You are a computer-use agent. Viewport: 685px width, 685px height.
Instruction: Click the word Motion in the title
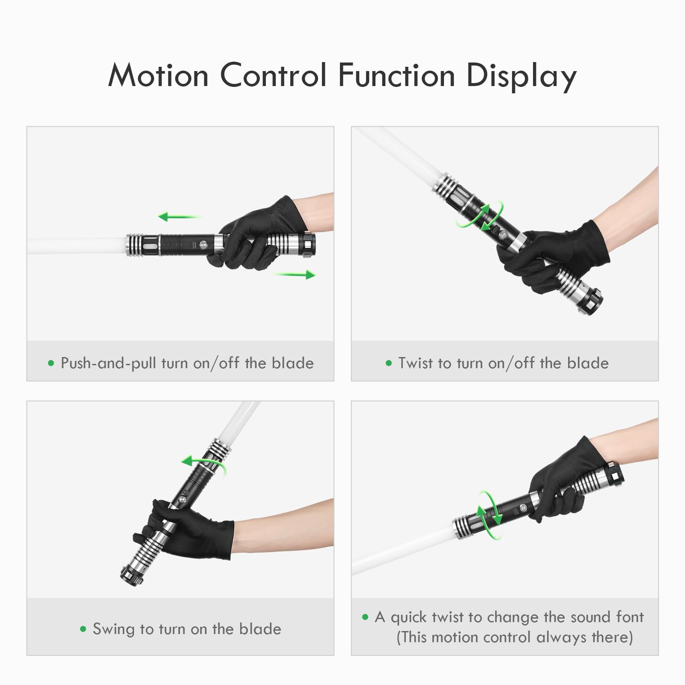[158, 76]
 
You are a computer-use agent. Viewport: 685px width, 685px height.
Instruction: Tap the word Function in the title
[396, 76]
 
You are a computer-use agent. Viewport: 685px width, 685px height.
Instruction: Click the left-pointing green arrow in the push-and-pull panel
[179, 217]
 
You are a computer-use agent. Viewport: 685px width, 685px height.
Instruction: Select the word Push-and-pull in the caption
[108, 363]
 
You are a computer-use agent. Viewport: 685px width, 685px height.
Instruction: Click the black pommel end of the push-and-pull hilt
[309, 245]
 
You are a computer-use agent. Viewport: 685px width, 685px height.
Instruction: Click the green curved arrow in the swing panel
[203, 463]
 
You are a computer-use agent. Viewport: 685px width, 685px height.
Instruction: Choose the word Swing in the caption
[114, 629]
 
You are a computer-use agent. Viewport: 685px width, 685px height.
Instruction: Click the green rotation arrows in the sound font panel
[490, 515]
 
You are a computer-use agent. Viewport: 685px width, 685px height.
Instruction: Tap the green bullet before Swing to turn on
[83, 629]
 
